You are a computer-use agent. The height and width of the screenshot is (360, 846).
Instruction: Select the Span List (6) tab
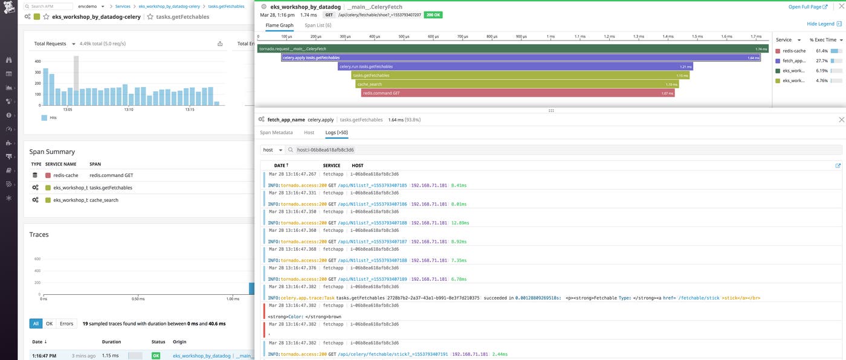click(318, 25)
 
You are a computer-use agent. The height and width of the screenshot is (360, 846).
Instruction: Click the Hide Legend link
click(821, 24)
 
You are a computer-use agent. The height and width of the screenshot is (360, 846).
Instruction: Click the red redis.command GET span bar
click(517, 93)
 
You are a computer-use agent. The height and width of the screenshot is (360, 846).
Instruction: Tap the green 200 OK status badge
click(433, 14)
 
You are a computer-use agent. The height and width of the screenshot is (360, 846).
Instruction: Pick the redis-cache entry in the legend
click(793, 51)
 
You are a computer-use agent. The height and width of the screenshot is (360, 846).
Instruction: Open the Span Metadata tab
click(276, 132)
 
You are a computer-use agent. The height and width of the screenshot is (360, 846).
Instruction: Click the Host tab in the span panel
click(309, 132)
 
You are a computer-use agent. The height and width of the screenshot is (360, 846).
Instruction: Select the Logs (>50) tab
click(337, 132)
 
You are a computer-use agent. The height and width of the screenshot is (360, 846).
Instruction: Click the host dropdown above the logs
click(273, 150)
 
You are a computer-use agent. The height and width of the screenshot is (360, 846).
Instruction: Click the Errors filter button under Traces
click(66, 324)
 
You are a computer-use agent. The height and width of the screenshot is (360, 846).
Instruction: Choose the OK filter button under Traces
click(50, 324)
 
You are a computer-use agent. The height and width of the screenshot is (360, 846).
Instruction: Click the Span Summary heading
click(52, 152)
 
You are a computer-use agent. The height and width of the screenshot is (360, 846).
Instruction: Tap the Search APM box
click(50, 6)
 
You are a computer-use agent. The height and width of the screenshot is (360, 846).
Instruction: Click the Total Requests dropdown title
click(54, 43)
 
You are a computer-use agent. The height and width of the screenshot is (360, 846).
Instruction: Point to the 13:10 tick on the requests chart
click(128, 109)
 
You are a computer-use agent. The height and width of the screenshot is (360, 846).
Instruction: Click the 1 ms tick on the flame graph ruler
click(551, 36)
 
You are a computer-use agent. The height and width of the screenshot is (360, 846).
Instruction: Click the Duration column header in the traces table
click(111, 342)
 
